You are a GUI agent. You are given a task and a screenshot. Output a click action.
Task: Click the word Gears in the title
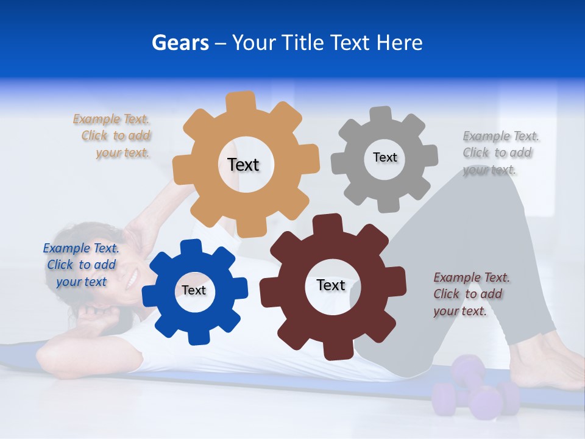[x=180, y=43]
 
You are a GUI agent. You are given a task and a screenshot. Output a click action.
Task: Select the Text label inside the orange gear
[x=243, y=165]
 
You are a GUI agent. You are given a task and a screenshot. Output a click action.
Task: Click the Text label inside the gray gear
[x=385, y=157]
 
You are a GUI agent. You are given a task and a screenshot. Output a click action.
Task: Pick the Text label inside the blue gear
[x=194, y=290]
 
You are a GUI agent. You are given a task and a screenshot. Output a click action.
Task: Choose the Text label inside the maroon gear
[x=331, y=285]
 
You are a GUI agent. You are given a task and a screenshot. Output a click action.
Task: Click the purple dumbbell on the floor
[x=475, y=390]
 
